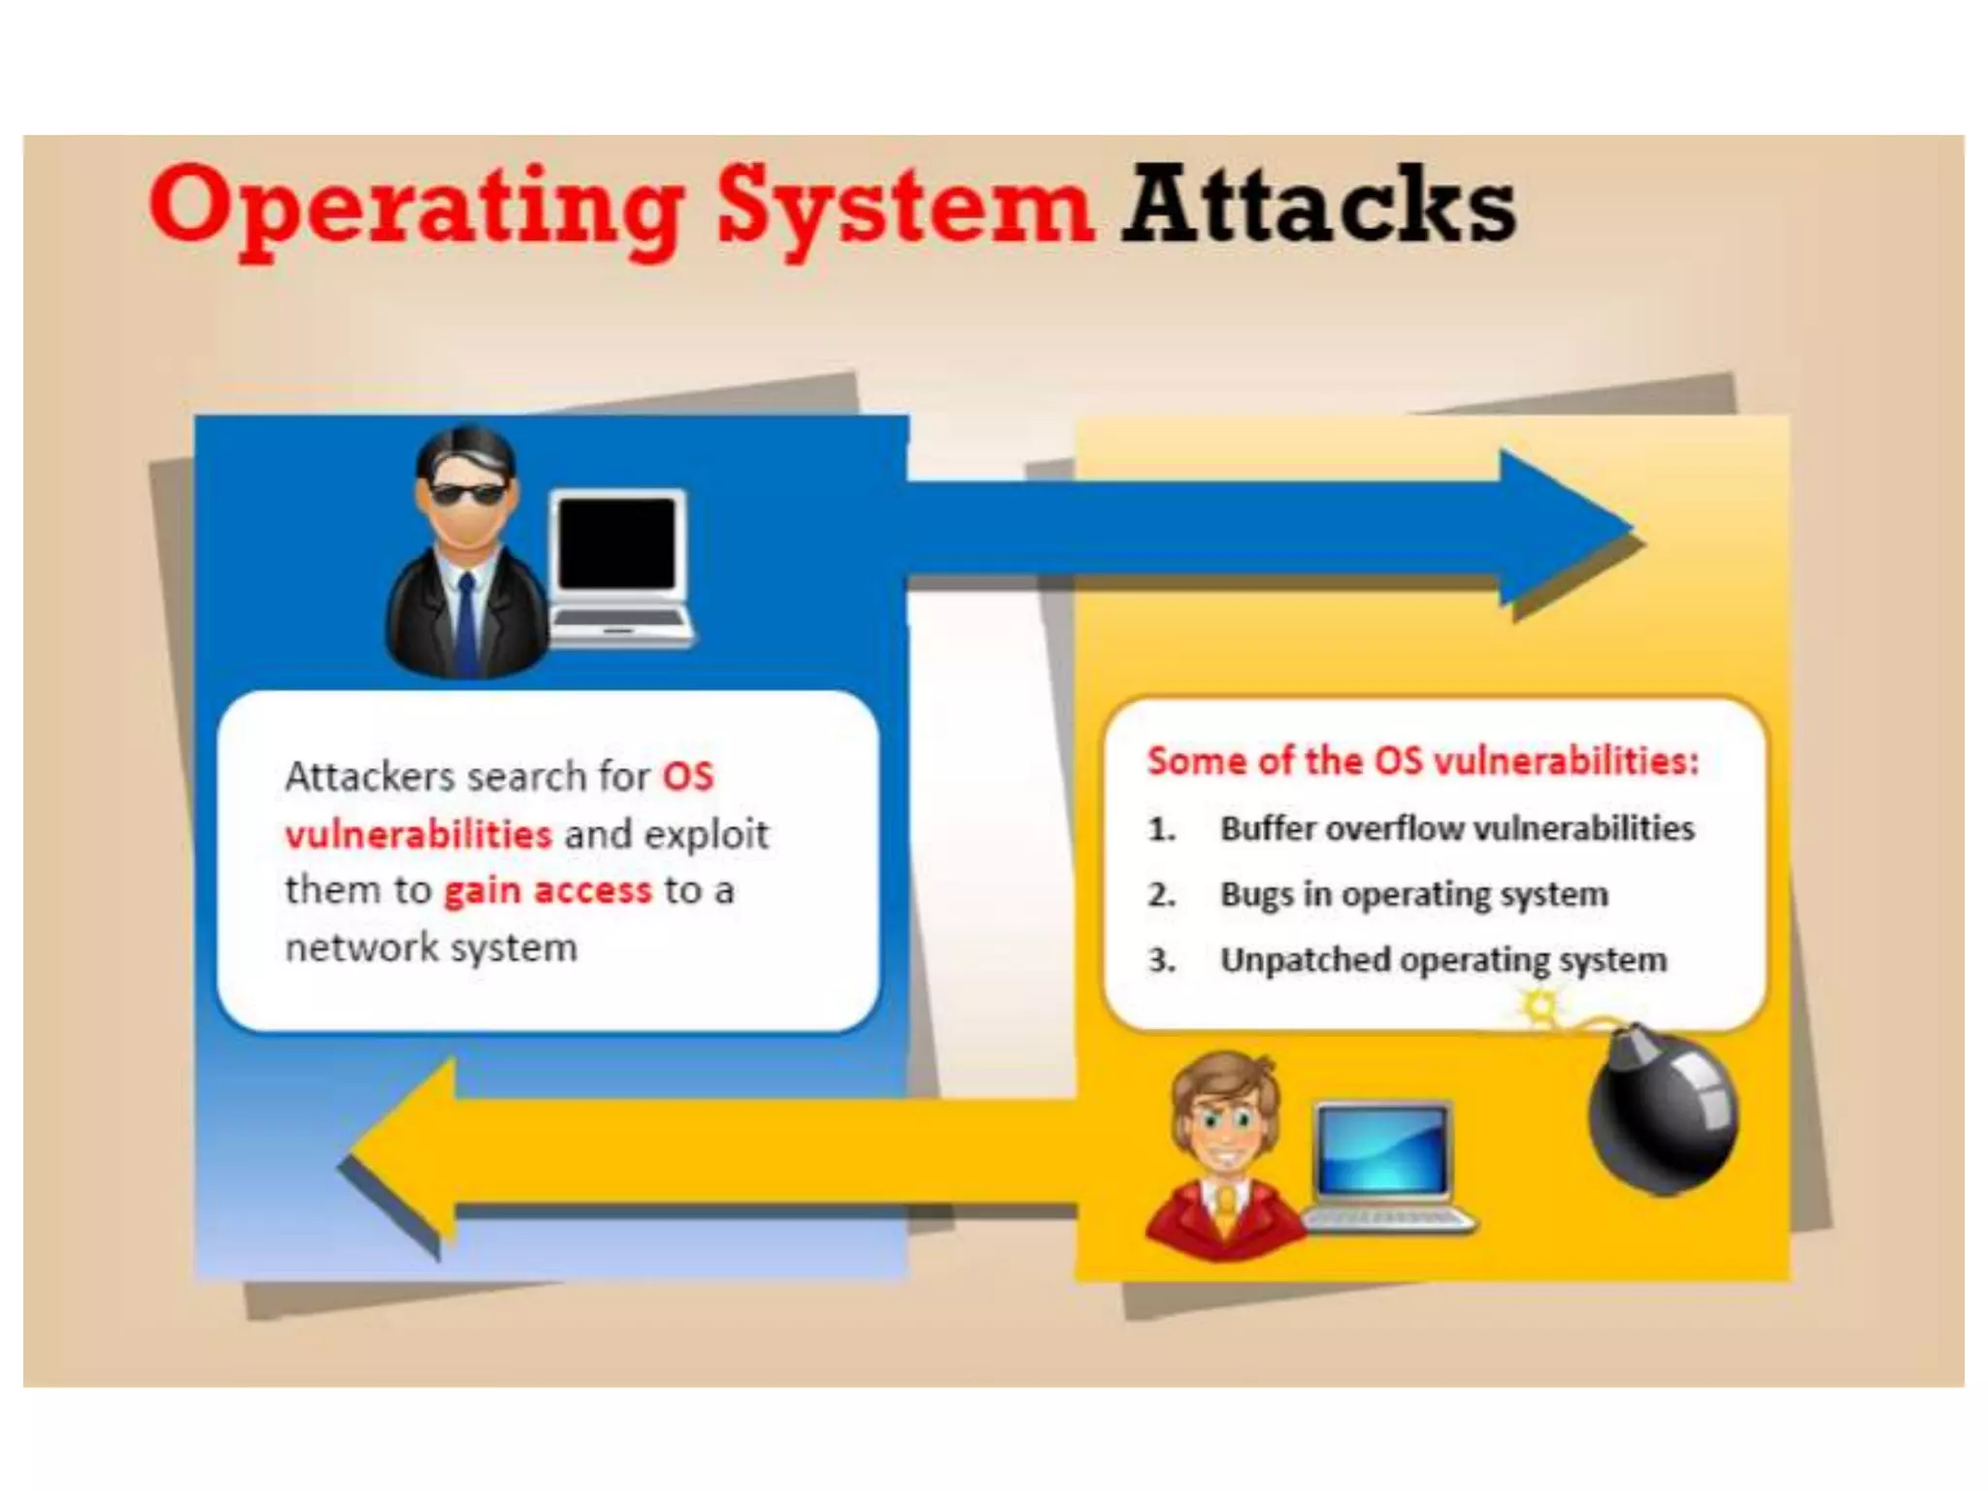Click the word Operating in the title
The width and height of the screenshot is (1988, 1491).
(x=417, y=206)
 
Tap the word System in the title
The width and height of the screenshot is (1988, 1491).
(x=906, y=206)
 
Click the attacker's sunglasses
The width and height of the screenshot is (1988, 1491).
(x=467, y=494)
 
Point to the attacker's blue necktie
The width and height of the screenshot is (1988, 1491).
(x=467, y=621)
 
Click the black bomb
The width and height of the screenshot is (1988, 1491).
(x=1663, y=1111)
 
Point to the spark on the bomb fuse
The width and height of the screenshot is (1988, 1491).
(x=1540, y=1007)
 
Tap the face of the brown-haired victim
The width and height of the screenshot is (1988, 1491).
(x=1225, y=1126)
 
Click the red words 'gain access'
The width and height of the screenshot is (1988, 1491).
(x=547, y=890)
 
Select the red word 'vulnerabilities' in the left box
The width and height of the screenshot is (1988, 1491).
(x=418, y=834)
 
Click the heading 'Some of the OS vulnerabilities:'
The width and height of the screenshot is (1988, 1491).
(x=1423, y=761)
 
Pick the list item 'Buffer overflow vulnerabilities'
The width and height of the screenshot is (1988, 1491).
(x=1457, y=828)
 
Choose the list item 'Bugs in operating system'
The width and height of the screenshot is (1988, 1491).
(x=1413, y=894)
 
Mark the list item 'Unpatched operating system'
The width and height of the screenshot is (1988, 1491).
(x=1443, y=960)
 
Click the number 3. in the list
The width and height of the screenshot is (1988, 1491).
(x=1162, y=960)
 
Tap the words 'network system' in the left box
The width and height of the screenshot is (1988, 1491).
(x=431, y=947)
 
